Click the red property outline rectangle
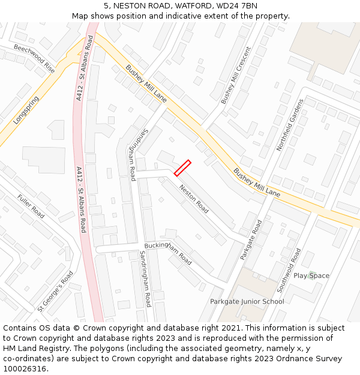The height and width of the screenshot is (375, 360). click(x=182, y=168)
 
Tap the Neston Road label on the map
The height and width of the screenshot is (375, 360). click(x=194, y=199)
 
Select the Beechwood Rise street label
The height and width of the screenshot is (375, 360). click(x=34, y=59)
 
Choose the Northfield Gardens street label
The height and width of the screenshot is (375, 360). click(x=290, y=125)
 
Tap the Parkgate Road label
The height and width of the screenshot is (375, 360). click(x=251, y=239)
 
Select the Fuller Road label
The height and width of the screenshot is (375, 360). click(x=31, y=206)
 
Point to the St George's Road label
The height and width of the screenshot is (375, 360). click(x=55, y=291)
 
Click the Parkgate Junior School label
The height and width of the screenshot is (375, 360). click(x=247, y=301)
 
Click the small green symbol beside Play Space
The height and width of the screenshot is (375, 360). click(x=310, y=275)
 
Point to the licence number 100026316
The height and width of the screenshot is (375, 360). click(x=24, y=368)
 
